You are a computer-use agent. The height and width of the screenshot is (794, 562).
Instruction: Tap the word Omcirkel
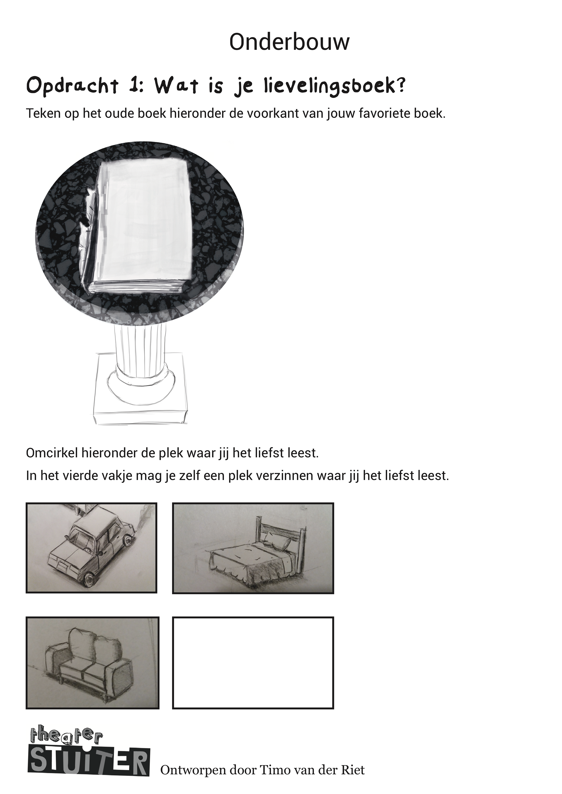click(x=52, y=453)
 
